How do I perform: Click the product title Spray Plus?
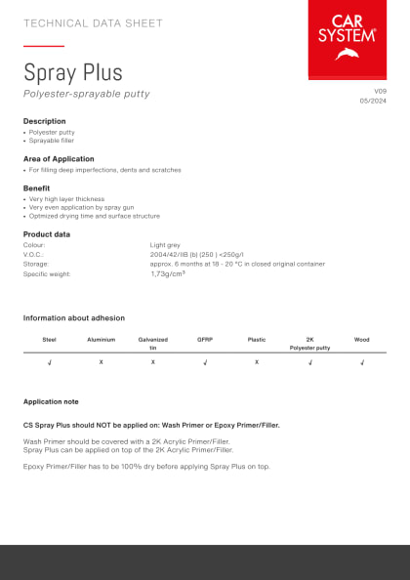coord(73,71)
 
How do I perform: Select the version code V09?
coord(381,91)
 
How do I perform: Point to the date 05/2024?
coord(374,101)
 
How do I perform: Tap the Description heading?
coord(45,121)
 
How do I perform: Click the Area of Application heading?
coord(59,158)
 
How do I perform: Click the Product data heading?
coord(47,234)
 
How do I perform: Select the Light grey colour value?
coord(164,245)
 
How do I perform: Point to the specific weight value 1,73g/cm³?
coord(168,274)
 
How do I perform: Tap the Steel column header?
coord(50,340)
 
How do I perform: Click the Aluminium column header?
coord(102,340)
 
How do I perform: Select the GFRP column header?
coord(205,340)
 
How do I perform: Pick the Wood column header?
coord(361,340)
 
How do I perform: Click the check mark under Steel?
coord(50,362)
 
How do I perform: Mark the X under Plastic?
coord(257,362)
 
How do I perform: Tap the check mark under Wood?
coord(361,362)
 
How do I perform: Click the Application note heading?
coord(51,401)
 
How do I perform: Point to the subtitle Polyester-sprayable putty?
coord(87,94)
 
